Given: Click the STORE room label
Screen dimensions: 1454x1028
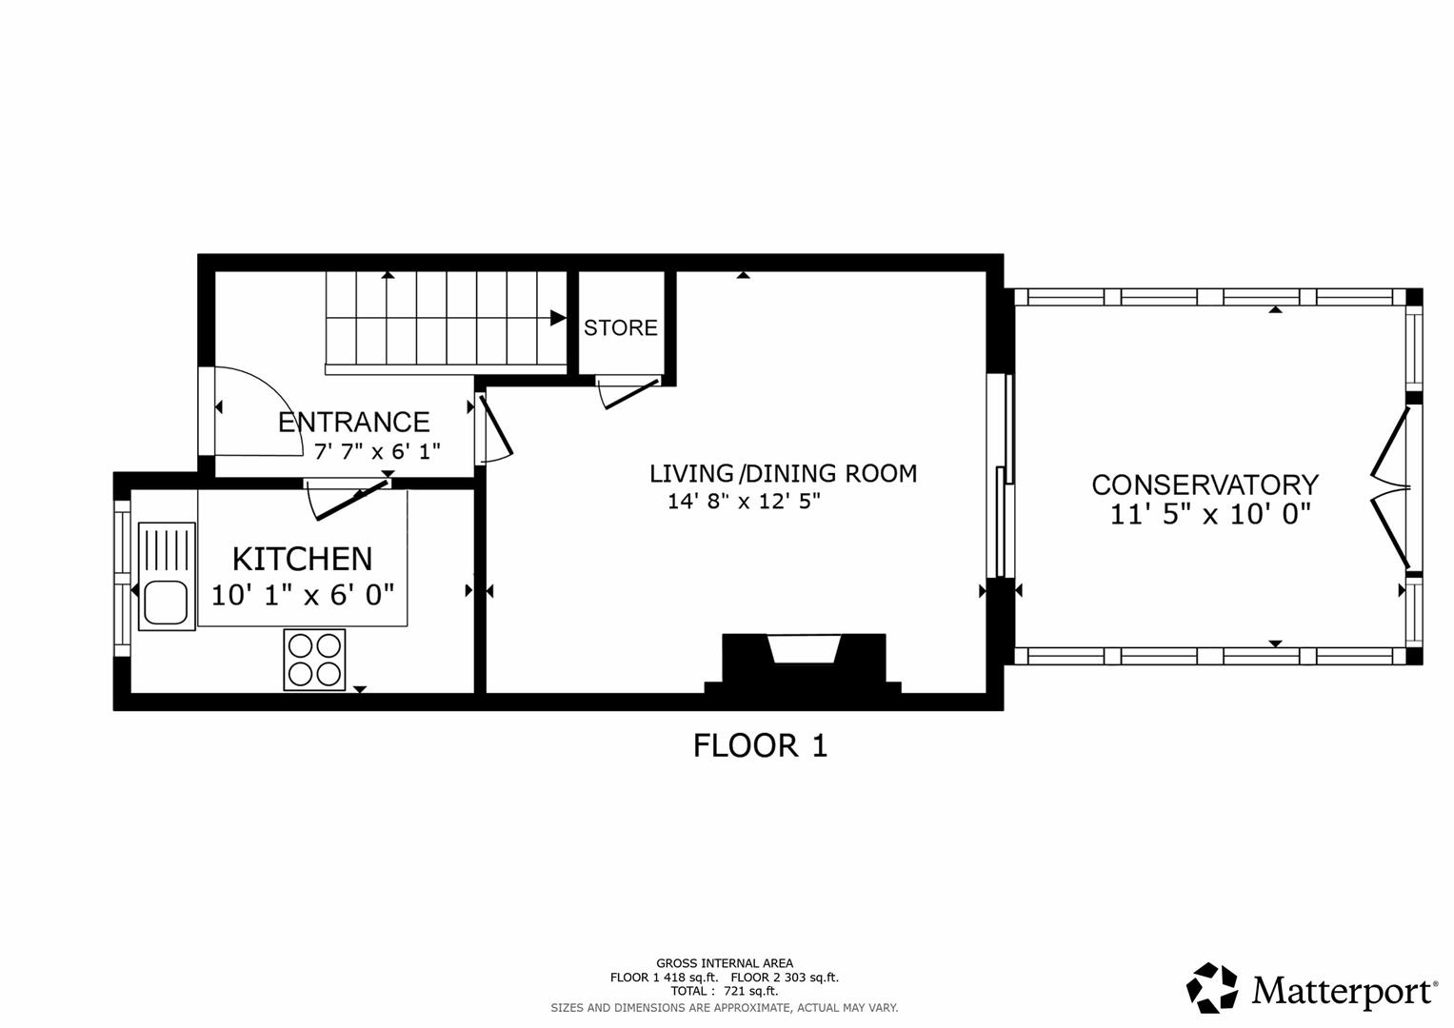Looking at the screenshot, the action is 621,327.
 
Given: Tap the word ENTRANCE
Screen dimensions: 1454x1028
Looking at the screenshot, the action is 354,422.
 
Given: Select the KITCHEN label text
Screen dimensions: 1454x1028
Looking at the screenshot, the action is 303,559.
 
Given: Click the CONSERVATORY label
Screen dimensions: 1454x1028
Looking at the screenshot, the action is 1205,484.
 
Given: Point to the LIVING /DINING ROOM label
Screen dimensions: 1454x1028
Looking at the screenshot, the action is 784,473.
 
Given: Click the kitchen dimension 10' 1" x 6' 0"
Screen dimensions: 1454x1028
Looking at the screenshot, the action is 303,595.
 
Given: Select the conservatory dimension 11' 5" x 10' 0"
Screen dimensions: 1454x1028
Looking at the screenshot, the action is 1210,514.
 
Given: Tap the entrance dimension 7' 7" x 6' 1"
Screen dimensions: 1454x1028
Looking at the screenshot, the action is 377,450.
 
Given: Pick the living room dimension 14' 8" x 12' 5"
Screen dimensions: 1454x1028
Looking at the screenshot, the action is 744,501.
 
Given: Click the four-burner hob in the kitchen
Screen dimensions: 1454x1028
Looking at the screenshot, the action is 314,660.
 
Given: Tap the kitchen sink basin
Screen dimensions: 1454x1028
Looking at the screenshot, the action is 167,603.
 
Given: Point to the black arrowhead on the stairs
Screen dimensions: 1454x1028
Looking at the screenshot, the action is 558,318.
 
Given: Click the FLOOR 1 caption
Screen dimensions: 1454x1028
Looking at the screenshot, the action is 760,745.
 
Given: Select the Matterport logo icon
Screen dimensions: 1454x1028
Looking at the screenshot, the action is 1211,987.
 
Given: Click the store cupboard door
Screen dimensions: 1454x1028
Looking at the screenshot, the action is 628,393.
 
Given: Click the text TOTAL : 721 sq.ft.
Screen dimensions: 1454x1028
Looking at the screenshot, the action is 725,991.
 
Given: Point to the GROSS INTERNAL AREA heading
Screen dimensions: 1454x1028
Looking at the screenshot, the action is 725,963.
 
